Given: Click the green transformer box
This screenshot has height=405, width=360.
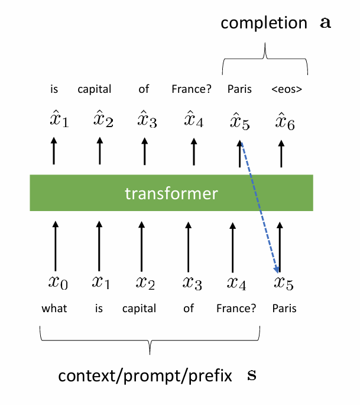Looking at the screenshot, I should [171, 193].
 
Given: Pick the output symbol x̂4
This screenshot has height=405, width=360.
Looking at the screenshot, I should [193, 122].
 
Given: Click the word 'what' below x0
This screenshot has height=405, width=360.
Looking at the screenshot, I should [54, 309].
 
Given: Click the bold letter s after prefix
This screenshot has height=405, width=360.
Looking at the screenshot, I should [251, 375].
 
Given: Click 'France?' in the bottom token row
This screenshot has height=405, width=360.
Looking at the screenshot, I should [236, 309].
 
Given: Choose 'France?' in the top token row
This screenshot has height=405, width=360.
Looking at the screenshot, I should [191, 90].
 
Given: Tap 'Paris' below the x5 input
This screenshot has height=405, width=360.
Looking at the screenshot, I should [284, 309].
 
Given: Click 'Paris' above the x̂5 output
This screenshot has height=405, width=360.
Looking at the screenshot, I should [239, 90].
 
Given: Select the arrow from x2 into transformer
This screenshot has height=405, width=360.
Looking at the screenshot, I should [141, 244].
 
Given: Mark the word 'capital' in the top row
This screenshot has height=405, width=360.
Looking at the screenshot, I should [95, 90].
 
